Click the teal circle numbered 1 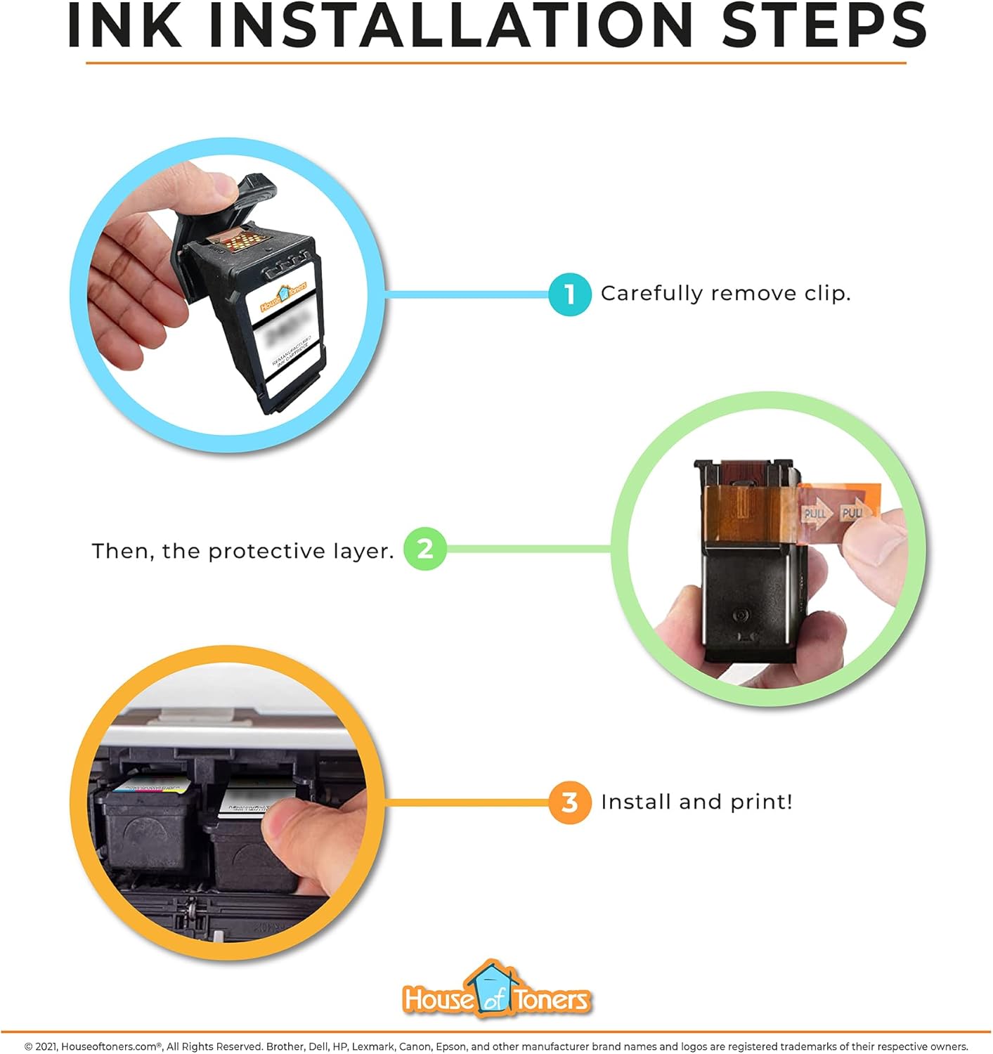(570, 294)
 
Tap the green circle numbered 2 (424, 549)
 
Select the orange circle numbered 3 (570, 802)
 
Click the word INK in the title (124, 25)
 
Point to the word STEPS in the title (824, 25)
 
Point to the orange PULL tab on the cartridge (839, 511)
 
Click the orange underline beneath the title (496, 63)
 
